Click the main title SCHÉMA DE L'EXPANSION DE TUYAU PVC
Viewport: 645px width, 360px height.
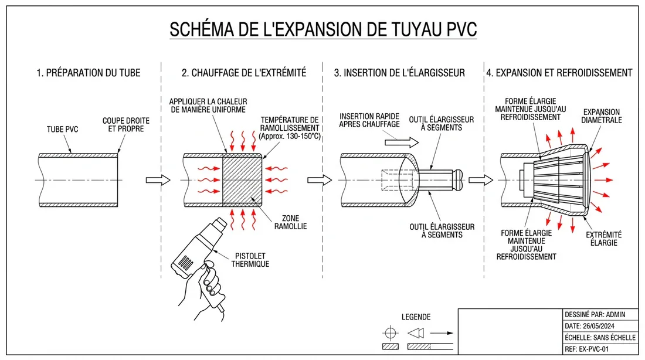click(x=322, y=29)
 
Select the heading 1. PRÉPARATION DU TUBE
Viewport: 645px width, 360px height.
click(x=88, y=73)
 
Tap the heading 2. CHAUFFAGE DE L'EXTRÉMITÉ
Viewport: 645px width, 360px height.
click(x=243, y=73)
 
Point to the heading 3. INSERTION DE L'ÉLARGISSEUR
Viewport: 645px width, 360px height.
click(x=399, y=73)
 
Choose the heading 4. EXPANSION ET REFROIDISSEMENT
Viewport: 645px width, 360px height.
click(x=559, y=73)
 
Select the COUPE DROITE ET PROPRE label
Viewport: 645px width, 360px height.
click(x=125, y=125)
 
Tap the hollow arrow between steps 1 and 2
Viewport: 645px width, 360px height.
click(x=157, y=179)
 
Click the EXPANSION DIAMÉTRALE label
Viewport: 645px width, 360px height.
click(x=602, y=116)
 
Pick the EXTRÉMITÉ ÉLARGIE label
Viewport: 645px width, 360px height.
click(x=604, y=238)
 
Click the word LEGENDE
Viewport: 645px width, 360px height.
click(x=416, y=317)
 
